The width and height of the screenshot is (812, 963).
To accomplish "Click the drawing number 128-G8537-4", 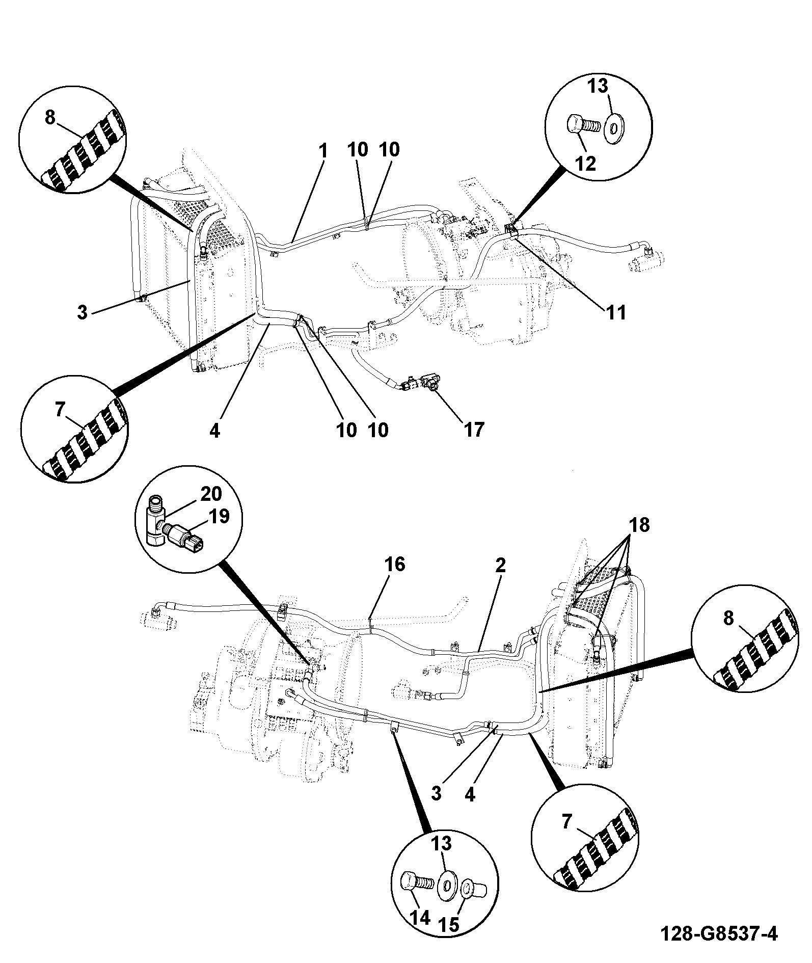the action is pos(719,934).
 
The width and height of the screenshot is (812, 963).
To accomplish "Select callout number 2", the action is pos(500,565).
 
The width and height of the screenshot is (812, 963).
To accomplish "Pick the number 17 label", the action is pos(474,430).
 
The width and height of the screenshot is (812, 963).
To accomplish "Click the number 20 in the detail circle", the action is pos(212,494).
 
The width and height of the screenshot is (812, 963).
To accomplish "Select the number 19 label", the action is pos(219,517).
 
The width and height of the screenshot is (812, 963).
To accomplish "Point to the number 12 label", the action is pos(586,164).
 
